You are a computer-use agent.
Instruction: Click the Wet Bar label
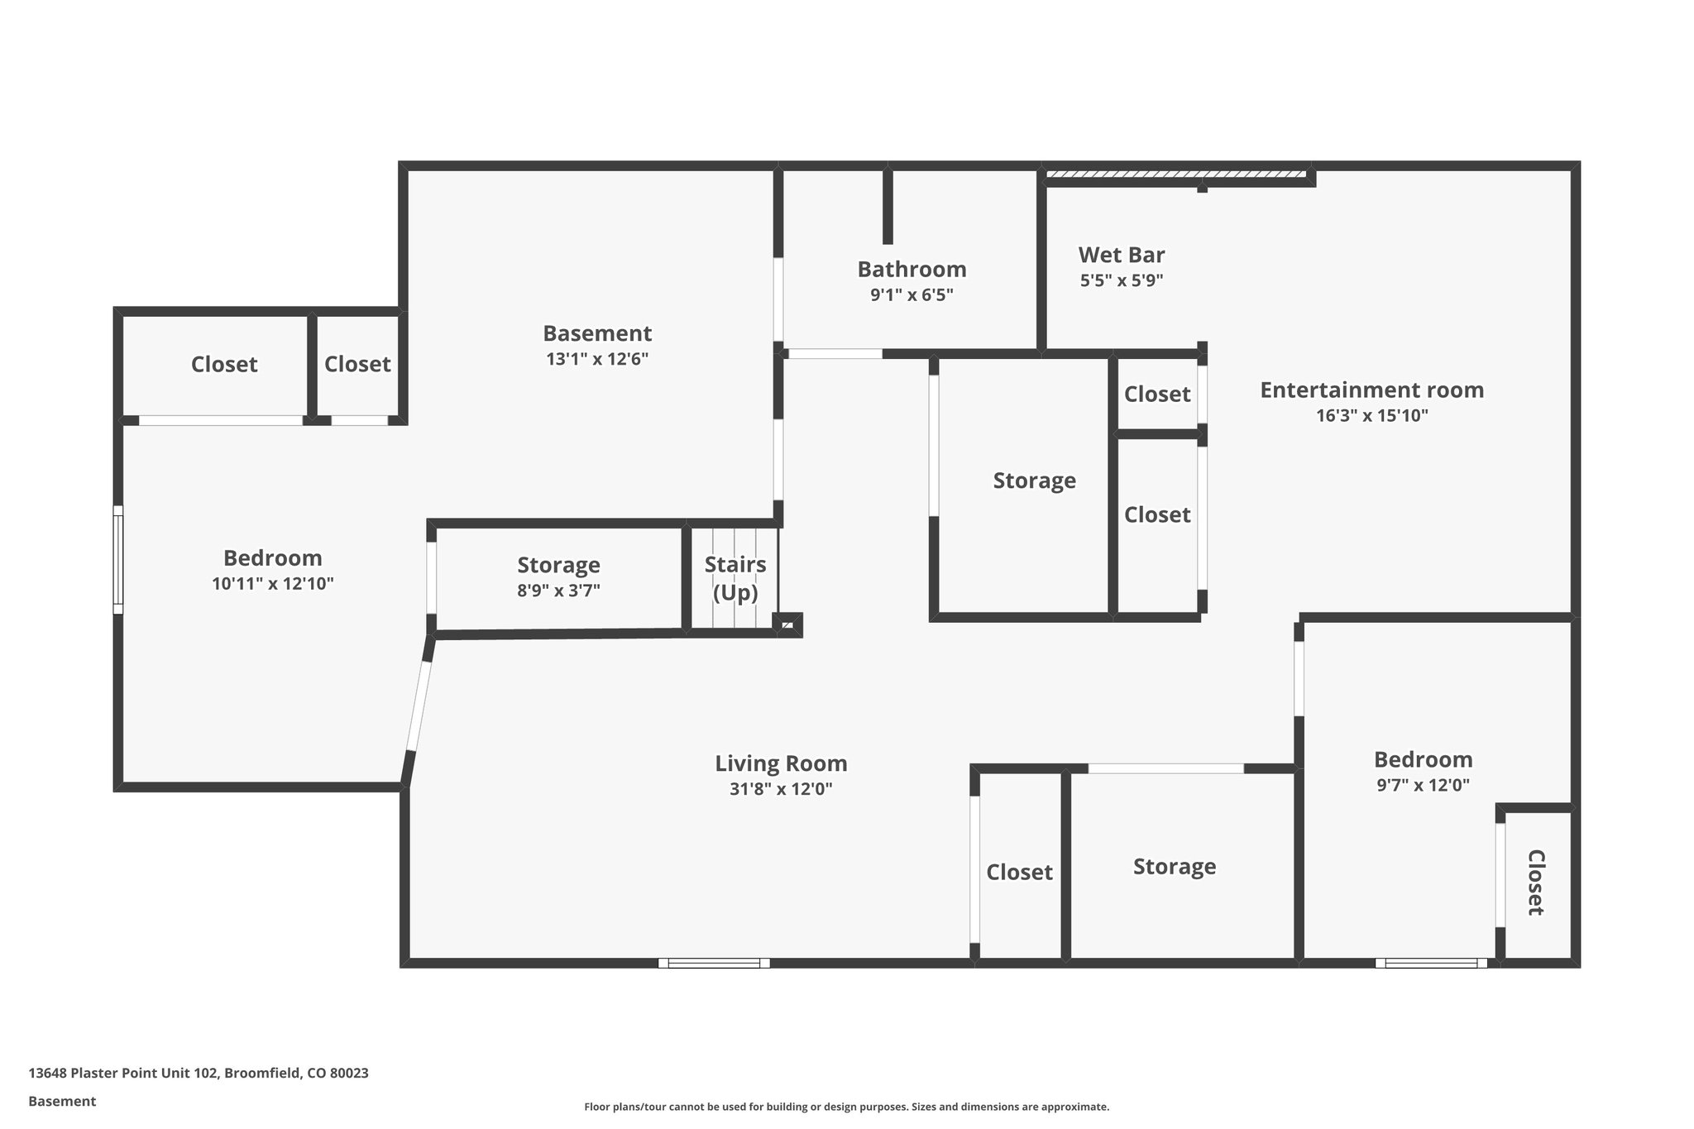1121,255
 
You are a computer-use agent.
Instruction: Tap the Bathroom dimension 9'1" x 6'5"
912,295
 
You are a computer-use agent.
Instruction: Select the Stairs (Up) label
735,578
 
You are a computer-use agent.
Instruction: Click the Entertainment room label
1371,390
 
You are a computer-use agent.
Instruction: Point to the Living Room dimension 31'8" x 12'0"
780,789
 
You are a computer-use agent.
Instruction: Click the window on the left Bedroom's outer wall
118,560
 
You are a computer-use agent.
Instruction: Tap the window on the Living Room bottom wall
714,963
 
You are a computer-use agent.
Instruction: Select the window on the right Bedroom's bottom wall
1431,963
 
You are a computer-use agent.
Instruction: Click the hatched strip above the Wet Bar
1175,175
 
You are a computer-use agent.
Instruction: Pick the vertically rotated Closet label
1535,883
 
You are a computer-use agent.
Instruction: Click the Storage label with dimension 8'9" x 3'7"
558,566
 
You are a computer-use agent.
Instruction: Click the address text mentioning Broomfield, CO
199,1073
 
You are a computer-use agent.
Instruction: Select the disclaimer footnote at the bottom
846,1107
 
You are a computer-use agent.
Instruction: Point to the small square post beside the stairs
787,625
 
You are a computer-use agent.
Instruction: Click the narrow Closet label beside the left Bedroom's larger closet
357,365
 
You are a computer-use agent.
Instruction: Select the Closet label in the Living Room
1019,873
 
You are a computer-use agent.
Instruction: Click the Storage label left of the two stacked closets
1034,481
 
